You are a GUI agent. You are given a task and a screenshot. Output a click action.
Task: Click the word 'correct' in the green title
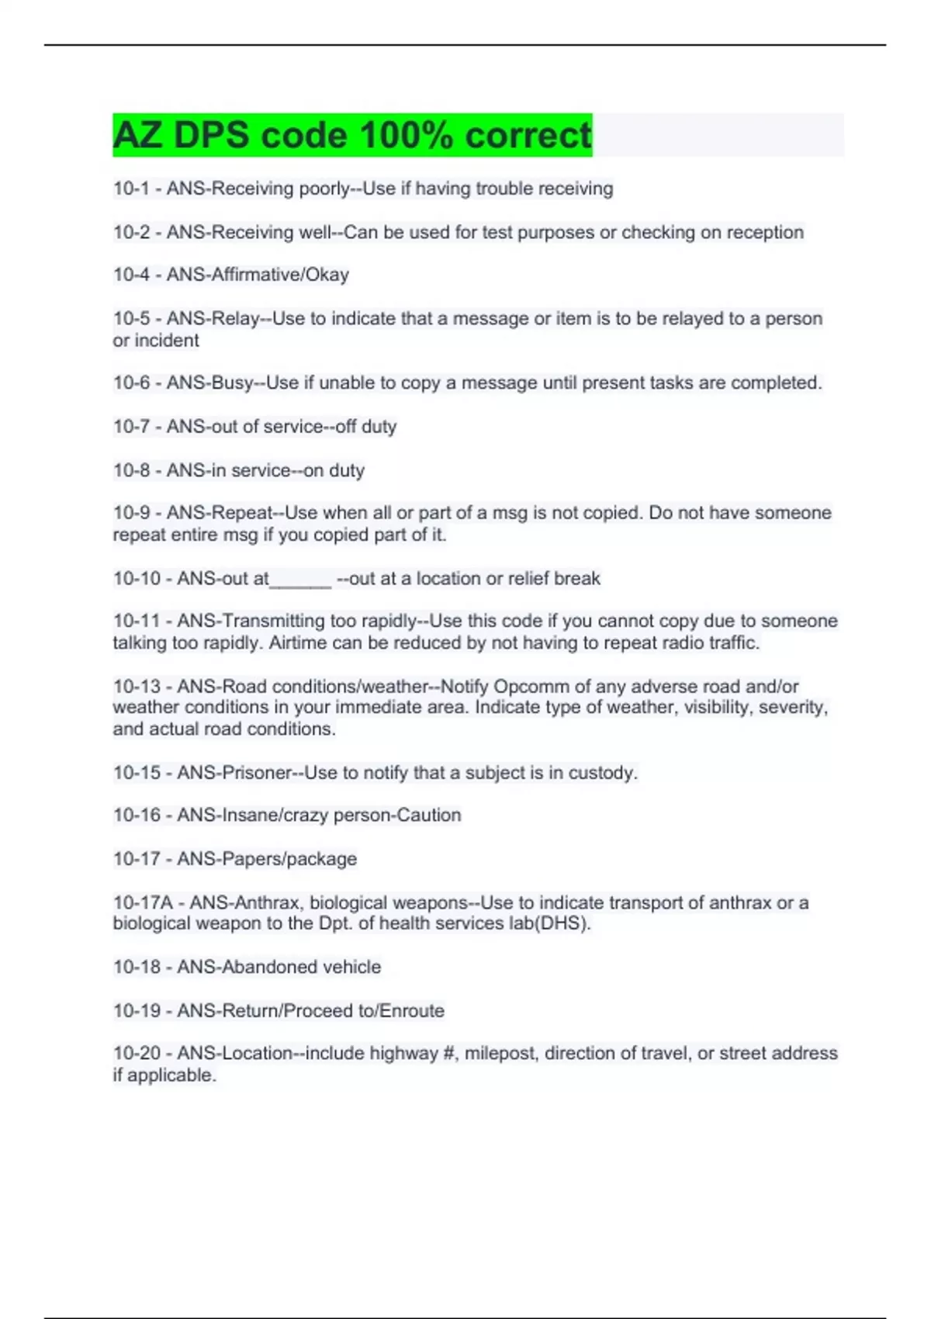point(528,136)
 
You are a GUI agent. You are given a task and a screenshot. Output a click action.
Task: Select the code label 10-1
point(131,189)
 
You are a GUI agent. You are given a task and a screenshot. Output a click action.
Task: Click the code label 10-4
point(131,275)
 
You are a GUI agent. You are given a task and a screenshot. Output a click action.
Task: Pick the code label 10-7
point(131,427)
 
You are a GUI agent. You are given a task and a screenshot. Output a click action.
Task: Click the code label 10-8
point(131,470)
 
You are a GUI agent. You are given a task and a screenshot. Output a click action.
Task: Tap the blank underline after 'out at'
point(300,580)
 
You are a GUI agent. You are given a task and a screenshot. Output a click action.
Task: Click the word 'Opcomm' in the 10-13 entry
point(531,687)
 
